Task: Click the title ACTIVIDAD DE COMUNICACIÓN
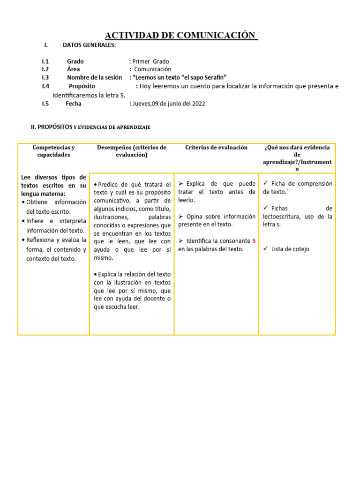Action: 180,36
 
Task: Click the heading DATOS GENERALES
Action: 89,45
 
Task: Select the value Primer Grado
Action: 150,61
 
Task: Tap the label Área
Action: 73,69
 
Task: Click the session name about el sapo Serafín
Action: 180,77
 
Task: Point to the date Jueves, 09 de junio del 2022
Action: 168,104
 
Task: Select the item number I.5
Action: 45,104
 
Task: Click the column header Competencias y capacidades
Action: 53,151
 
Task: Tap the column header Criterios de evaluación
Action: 216,147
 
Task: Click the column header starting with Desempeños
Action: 131,151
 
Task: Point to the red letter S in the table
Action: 254,240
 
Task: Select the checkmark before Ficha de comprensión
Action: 266,183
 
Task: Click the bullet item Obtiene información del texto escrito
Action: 54,207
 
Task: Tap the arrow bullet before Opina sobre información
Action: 181,216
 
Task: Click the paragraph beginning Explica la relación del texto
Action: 132,291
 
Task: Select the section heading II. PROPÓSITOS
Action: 51,127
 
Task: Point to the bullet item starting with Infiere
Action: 54,225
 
